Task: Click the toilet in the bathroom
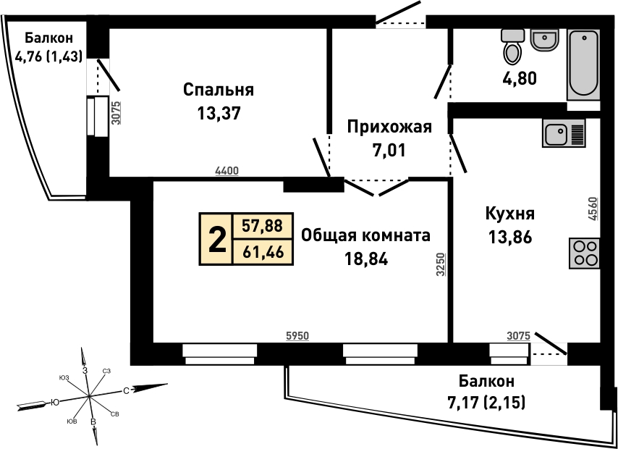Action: coord(513,46)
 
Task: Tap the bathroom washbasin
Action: coord(544,40)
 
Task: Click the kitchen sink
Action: coord(564,133)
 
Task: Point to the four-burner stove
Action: coord(584,253)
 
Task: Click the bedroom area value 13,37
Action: coord(219,114)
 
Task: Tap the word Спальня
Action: coord(219,91)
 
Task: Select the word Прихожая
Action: coord(389,127)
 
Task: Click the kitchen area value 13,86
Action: coord(510,238)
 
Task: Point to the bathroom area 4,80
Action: coord(520,79)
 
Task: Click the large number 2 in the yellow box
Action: coord(217,239)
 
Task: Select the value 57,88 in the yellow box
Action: coord(263,226)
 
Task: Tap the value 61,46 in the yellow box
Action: coord(263,252)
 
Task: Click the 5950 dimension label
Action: coord(297,336)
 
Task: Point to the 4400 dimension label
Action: coord(227,171)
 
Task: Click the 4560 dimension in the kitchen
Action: coord(595,209)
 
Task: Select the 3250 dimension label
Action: coord(441,264)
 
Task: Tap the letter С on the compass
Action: coord(126,391)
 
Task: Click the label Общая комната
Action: coord(365,236)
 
